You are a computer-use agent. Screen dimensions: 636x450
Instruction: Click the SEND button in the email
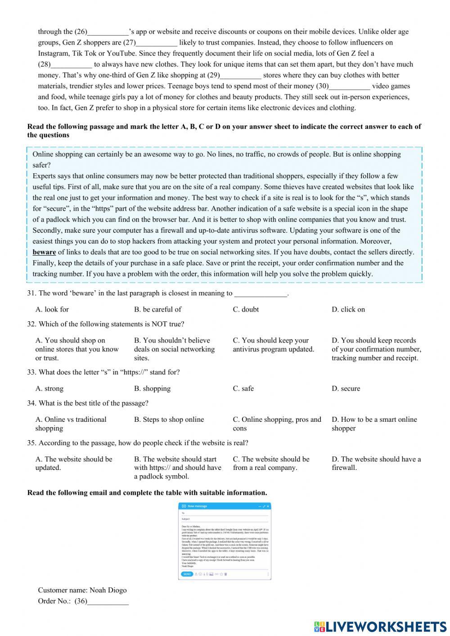pos(187,574)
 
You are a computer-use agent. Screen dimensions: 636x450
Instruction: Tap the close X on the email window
pos(268,506)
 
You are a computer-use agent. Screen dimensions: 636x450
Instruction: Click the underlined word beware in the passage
pos(44,253)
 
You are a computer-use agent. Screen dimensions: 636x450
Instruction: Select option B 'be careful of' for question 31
pos(157,309)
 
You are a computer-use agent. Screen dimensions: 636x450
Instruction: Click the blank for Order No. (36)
pos(108,601)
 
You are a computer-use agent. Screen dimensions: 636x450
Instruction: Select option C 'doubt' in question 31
pos(246,309)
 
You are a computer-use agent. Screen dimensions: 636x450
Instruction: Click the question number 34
pos(31,403)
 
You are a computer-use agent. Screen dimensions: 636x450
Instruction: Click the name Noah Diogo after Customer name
pos(108,590)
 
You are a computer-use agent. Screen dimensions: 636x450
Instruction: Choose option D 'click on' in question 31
pos(348,309)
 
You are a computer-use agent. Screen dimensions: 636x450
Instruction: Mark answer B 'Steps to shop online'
pos(169,419)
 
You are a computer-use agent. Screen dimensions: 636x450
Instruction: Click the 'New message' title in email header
pos(198,506)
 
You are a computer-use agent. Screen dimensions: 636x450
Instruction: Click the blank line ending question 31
pos(261,294)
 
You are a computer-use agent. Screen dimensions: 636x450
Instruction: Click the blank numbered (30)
pos(350,86)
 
